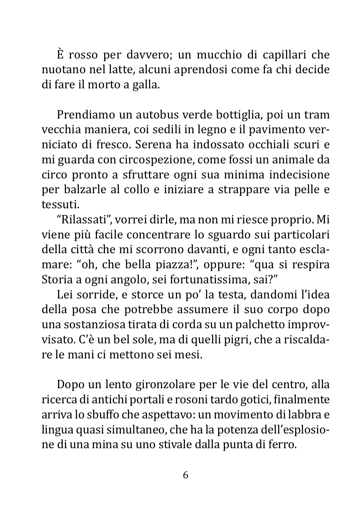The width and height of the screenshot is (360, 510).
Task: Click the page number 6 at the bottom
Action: tap(185, 475)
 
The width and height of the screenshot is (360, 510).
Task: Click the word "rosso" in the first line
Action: tap(83, 55)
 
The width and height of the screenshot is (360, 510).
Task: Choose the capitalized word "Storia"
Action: tap(57, 280)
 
